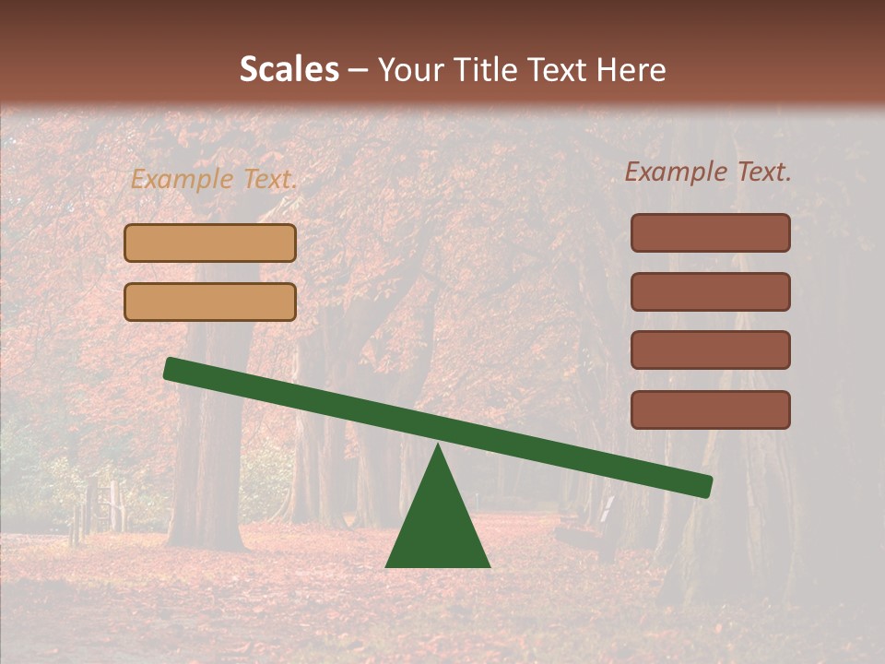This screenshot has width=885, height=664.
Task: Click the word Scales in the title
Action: click(289, 69)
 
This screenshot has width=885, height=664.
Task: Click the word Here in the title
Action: click(631, 69)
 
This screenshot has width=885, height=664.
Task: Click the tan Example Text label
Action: click(214, 180)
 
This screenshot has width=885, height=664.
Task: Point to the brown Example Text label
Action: click(708, 172)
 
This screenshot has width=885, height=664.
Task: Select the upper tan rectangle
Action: click(210, 243)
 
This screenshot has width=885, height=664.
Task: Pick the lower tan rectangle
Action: click(210, 302)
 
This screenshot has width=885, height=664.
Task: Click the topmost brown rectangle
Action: click(711, 232)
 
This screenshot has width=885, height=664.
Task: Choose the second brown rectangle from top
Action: click(711, 291)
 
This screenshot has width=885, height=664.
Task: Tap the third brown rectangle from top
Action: click(711, 350)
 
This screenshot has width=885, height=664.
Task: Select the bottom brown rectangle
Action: click(711, 409)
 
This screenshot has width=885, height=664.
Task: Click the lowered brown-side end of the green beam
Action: click(703, 486)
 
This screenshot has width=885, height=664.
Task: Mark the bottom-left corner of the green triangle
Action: click(387, 565)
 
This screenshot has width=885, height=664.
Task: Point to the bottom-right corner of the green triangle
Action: click(489, 565)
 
